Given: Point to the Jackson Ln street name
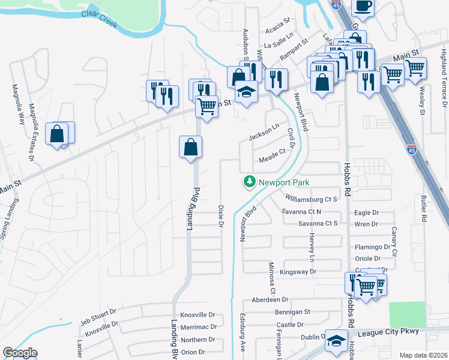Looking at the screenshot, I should [264, 132].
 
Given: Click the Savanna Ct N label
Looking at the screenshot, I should [302, 212].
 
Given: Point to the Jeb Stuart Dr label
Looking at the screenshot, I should [100, 317].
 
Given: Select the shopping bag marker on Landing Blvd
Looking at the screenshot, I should [190, 147].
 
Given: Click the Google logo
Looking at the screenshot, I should [19, 353].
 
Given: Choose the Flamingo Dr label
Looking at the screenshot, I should [373, 247].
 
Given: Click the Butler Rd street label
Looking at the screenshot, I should [423, 203].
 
